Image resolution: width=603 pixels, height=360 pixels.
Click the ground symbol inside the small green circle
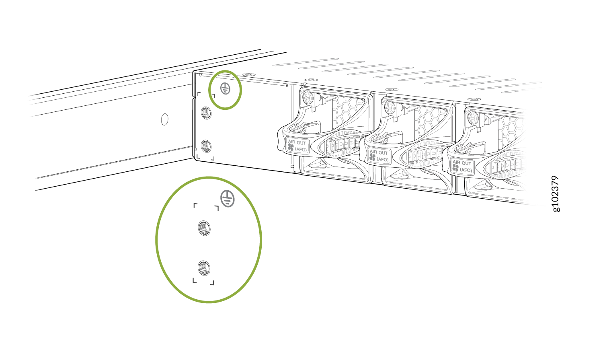225,88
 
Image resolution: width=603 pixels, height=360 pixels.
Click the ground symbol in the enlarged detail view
228,198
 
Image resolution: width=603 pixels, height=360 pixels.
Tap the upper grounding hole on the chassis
206,113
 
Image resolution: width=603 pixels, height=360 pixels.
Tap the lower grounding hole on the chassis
206,146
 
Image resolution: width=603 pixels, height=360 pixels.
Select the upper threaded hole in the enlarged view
204,228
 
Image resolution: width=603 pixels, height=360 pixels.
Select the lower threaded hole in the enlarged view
204,268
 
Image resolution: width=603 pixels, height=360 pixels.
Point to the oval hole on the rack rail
165,119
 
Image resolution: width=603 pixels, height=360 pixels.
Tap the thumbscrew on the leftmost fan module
307,97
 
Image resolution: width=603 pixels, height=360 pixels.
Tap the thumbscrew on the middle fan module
389,107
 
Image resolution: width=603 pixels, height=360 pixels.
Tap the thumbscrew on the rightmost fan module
473,117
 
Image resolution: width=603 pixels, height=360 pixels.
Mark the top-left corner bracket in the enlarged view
195,206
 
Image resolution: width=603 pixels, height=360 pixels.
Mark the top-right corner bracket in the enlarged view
216,208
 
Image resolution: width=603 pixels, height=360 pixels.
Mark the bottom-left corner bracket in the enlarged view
194,281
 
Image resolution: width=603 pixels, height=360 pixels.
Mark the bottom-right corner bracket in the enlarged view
212,283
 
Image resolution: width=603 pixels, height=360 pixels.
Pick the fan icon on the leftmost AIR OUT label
291,147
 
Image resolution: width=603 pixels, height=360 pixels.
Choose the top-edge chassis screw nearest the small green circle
249,74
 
